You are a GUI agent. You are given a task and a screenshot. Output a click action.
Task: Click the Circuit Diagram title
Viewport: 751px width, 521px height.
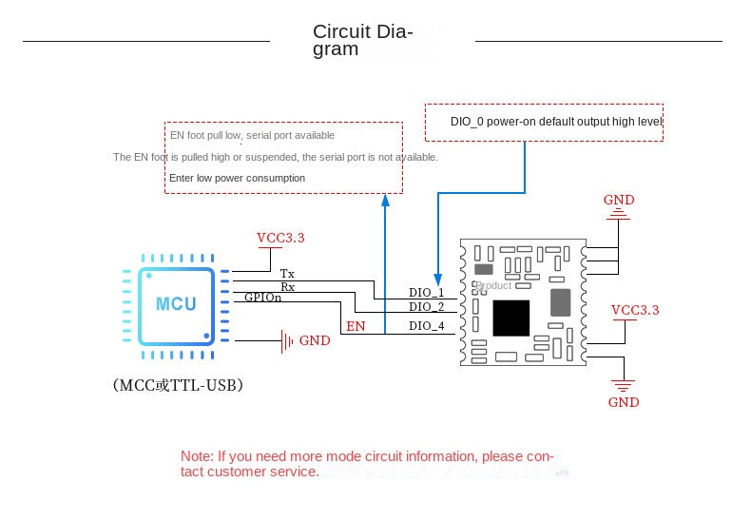[362, 40]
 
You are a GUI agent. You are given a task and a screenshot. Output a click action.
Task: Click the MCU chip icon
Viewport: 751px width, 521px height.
[177, 305]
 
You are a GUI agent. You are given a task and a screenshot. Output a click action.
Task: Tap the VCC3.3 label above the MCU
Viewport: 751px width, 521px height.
[280, 238]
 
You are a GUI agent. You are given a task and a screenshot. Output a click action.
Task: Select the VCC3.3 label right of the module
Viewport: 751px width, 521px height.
[635, 310]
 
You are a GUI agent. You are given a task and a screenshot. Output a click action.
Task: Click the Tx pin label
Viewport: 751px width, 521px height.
[287, 274]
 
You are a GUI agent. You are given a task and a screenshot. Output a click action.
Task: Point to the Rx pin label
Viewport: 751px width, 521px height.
[287, 286]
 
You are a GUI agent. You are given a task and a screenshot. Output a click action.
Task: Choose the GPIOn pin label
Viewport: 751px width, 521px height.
[262, 298]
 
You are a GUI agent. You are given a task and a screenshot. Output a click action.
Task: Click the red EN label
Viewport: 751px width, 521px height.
[355, 326]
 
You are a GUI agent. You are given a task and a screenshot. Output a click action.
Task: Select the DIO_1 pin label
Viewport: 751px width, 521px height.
[426, 292]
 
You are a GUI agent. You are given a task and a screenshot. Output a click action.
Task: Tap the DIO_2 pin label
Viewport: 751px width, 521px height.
[426, 306]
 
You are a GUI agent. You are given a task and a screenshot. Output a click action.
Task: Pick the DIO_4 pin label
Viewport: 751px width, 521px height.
[426, 326]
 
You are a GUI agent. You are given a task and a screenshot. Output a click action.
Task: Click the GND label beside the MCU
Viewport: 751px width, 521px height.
[315, 340]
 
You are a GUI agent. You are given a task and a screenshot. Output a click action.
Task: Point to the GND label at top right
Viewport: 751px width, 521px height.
[619, 200]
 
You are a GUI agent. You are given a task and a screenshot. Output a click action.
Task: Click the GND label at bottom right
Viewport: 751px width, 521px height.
[624, 402]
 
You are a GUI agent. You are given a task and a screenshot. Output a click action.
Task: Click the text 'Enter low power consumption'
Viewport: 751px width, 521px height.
[238, 178]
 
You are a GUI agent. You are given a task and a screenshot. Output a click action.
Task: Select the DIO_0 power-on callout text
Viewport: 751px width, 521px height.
[555, 122]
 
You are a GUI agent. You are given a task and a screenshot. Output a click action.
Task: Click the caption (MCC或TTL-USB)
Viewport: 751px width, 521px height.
[178, 386]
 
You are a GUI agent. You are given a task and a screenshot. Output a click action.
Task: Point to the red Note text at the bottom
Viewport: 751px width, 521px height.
[366, 464]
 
